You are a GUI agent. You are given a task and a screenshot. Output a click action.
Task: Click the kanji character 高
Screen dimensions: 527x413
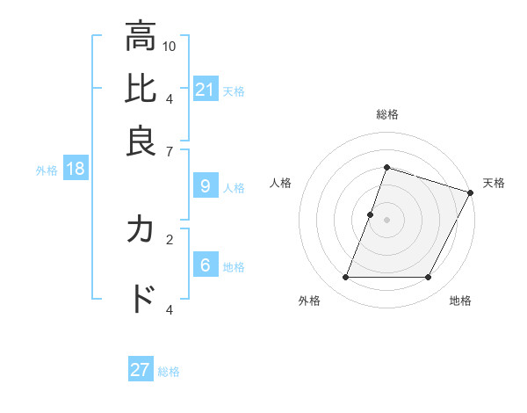(141, 37)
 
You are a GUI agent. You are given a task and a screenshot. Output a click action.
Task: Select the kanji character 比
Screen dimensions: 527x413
(141, 90)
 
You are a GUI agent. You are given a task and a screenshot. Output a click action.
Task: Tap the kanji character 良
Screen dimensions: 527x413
(141, 141)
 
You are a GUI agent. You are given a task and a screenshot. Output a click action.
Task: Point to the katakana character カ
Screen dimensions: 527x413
(141, 230)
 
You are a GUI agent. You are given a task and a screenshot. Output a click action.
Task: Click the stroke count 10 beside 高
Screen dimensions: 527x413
(170, 46)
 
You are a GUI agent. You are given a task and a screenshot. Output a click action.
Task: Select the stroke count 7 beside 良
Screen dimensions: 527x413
(170, 150)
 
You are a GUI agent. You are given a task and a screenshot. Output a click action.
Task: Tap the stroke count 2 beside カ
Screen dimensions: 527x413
(170, 238)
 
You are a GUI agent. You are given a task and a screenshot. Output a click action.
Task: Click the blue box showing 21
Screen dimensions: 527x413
(206, 90)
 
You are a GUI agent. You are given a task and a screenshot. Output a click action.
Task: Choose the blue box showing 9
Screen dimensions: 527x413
(206, 186)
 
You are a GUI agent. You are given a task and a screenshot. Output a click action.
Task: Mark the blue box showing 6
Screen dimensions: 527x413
(206, 265)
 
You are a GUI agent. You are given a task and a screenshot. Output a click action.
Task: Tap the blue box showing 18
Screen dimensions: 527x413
(76, 170)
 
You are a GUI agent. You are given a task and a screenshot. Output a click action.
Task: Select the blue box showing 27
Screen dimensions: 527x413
(141, 370)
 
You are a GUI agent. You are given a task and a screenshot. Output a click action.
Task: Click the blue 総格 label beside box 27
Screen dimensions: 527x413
(169, 372)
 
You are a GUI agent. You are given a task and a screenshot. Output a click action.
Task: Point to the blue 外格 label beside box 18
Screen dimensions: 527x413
(47, 170)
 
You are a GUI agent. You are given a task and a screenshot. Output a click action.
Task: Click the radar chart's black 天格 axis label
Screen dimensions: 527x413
(494, 183)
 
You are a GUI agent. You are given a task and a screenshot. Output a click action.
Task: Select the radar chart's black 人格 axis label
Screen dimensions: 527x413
(280, 183)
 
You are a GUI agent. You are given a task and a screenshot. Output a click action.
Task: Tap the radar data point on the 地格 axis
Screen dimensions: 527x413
(429, 278)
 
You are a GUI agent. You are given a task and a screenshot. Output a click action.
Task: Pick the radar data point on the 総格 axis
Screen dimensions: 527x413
(386, 167)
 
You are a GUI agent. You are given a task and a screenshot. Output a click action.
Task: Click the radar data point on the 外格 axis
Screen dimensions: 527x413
(345, 278)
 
